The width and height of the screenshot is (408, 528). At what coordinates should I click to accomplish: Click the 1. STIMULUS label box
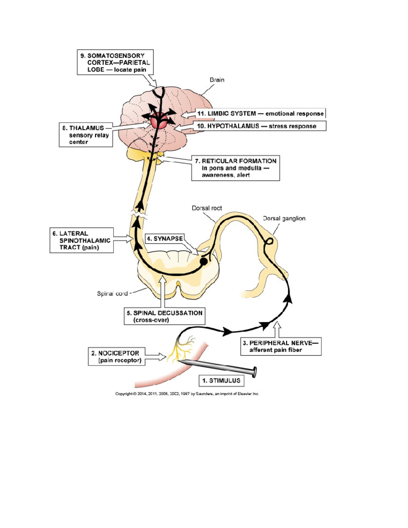point(221,381)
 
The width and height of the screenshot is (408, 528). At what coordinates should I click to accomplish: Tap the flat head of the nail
point(254,372)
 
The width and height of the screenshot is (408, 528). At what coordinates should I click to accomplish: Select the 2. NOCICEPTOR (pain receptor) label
point(116,356)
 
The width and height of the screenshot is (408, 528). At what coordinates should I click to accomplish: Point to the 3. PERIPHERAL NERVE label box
point(281,346)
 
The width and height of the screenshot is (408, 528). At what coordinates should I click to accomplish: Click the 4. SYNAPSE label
point(165,239)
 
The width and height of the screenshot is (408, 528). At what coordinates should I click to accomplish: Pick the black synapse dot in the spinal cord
point(203,261)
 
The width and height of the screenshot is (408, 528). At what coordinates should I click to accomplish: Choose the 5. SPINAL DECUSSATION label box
point(165,317)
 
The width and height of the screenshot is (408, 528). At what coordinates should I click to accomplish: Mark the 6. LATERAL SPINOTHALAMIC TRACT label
point(82,240)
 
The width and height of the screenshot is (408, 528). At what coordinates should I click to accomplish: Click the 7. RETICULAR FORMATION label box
point(236,168)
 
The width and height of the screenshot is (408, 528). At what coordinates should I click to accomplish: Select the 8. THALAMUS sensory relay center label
point(86,135)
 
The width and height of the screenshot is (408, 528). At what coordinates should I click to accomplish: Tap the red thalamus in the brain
point(158,122)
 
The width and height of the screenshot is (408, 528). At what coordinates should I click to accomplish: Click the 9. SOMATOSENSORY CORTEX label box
point(115,62)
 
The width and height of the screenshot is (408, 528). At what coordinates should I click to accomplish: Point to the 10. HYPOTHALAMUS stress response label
point(259,126)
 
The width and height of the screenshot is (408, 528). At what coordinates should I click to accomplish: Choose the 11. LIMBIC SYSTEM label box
point(260,114)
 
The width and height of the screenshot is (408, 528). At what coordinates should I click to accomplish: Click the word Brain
point(217,80)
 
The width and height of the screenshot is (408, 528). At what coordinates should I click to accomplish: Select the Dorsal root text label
point(207,208)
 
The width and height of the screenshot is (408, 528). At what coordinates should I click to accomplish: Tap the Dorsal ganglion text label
point(284,219)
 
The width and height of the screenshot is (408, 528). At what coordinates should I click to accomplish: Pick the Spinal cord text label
point(112,293)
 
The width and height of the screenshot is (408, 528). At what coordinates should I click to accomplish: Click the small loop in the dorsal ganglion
point(269,241)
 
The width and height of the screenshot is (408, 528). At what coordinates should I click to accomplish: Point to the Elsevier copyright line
point(187,394)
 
